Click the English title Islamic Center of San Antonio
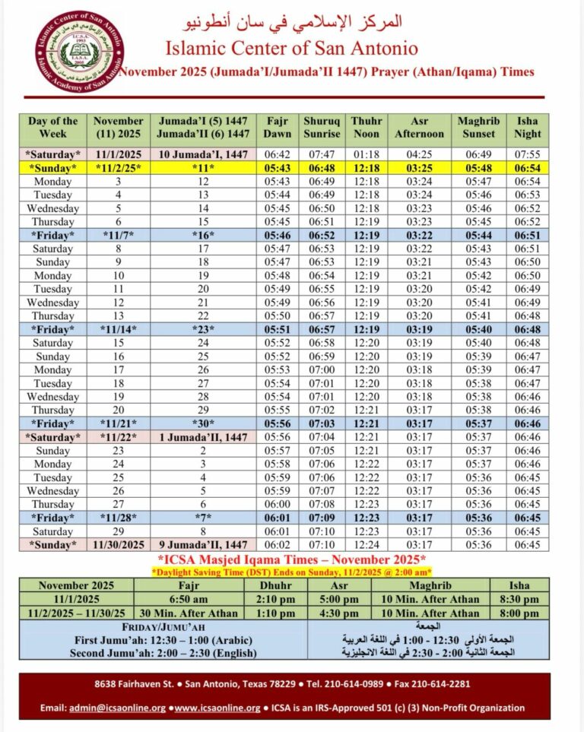pyautogui.click(x=292, y=49)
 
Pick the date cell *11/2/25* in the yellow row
pyautogui.click(x=119, y=168)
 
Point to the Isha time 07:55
pyautogui.click(x=527, y=154)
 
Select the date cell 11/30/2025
pyautogui.click(x=119, y=545)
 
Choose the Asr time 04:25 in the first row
pyautogui.click(x=419, y=154)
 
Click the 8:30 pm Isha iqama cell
pyautogui.click(x=519, y=600)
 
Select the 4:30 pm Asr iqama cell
pyautogui.click(x=338, y=613)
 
